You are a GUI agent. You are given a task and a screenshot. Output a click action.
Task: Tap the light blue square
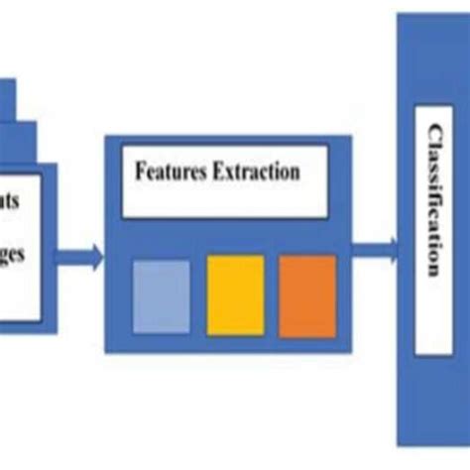pyautogui.click(x=161, y=295)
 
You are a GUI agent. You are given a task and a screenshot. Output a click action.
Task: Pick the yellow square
pyautogui.click(x=235, y=295)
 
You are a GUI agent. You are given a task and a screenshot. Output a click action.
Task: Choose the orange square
pyautogui.click(x=307, y=295)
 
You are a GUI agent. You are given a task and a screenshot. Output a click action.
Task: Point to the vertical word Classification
pyautogui.click(x=433, y=199)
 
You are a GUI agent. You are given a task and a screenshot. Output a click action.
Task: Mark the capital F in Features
pyautogui.click(x=140, y=173)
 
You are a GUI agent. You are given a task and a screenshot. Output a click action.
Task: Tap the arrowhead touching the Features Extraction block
pyautogui.click(x=95, y=261)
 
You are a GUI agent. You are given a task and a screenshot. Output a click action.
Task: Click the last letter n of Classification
pyautogui.click(x=433, y=271)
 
